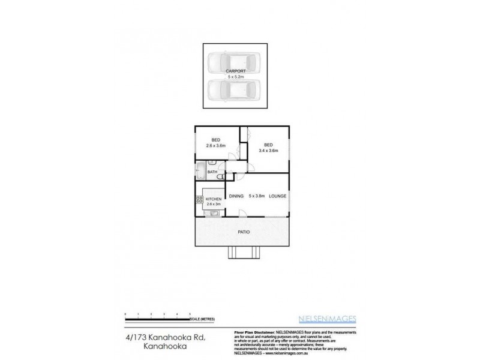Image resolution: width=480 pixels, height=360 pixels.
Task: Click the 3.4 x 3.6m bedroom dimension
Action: pos(268,151)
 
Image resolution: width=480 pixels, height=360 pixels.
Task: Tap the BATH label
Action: pos(212,173)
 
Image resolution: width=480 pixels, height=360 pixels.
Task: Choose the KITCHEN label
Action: pos(214,199)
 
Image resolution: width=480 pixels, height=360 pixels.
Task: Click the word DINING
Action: pos(235,196)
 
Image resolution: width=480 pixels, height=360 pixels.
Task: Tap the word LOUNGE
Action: pos(277,196)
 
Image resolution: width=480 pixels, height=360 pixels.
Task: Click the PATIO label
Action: pos(244,232)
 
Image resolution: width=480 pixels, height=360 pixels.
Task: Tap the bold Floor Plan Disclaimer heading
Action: pos(252,332)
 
